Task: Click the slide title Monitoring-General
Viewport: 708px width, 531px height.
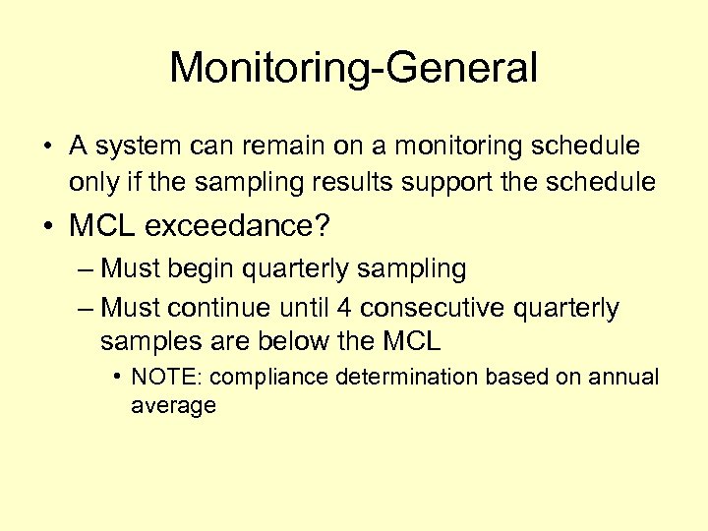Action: (353, 69)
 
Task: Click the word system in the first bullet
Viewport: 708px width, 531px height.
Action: (134, 147)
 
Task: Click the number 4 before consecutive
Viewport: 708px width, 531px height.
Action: (343, 308)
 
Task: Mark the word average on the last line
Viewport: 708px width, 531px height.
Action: (173, 406)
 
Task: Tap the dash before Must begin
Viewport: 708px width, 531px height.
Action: (86, 268)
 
